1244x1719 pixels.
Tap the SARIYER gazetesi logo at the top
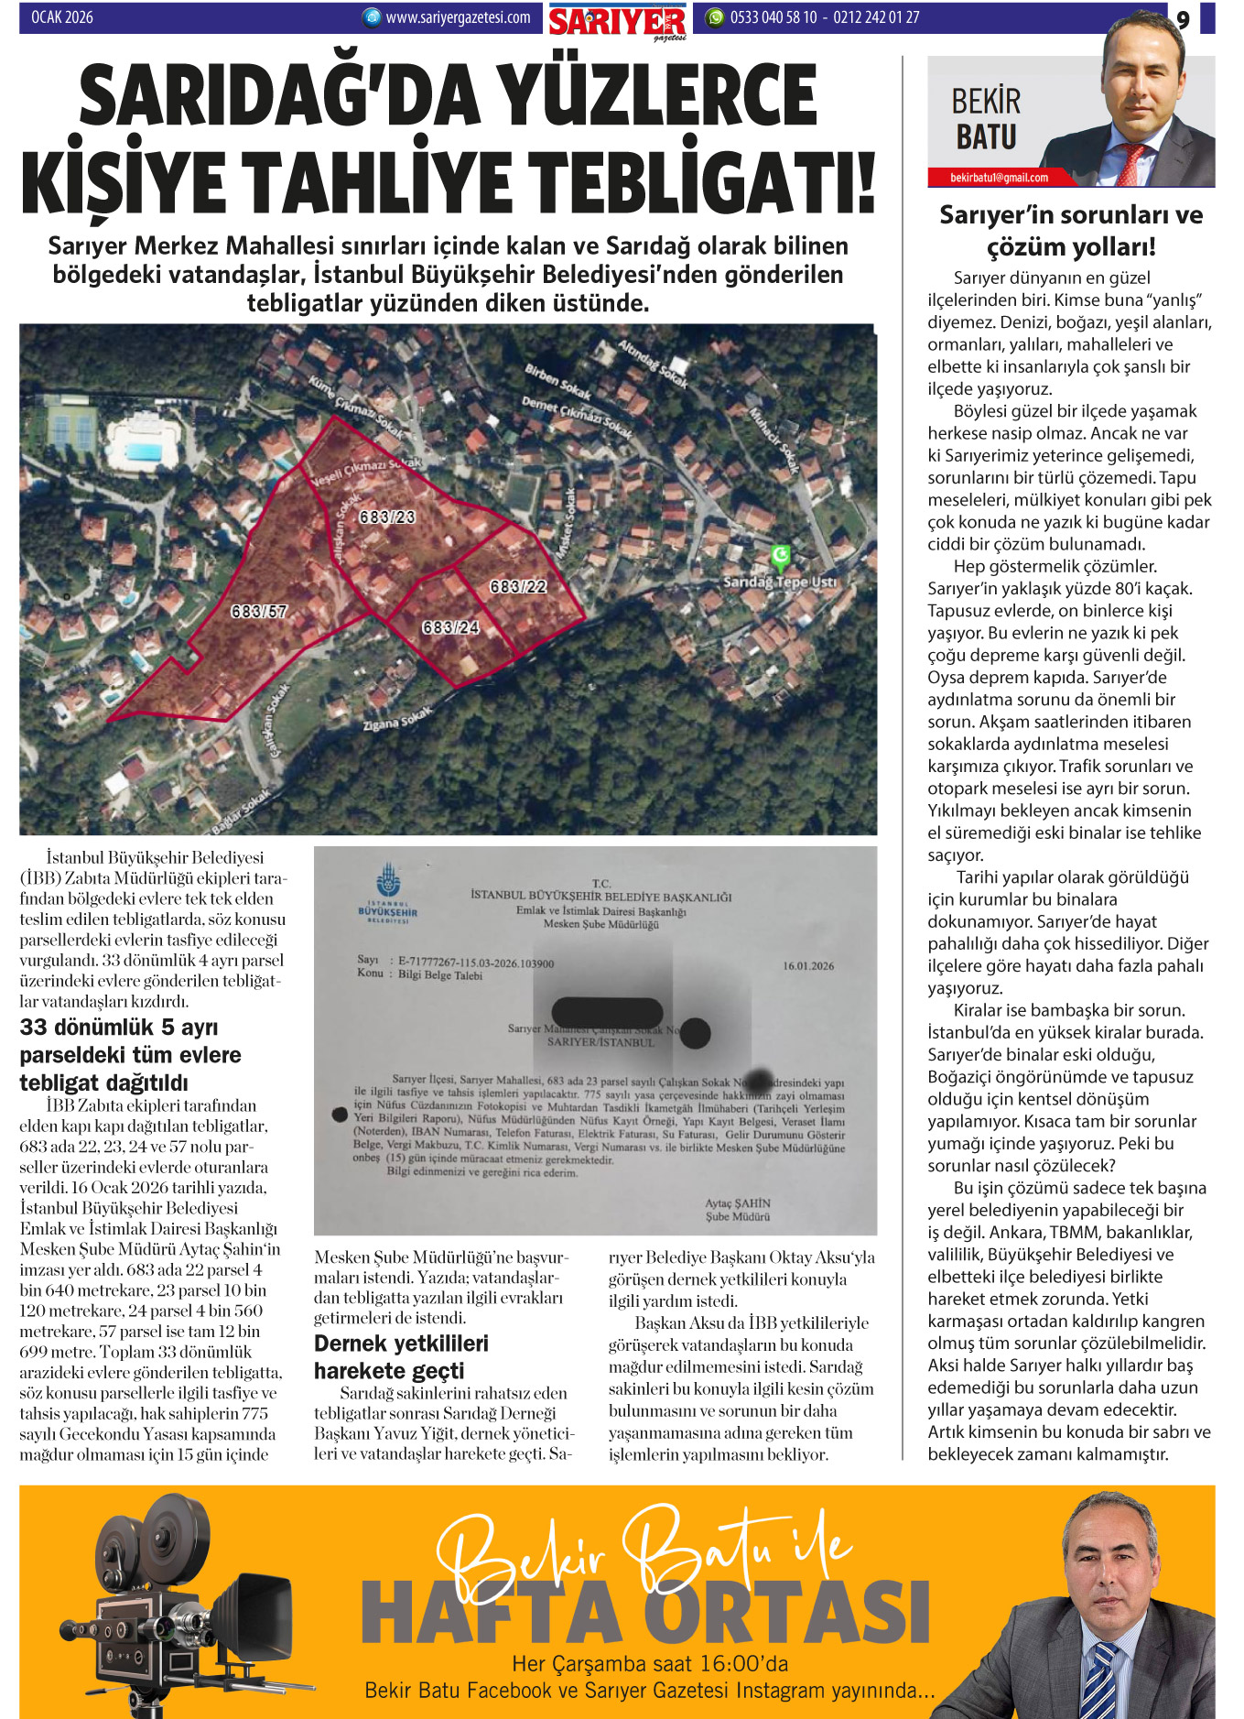coord(617,21)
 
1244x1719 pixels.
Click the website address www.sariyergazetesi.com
coord(457,17)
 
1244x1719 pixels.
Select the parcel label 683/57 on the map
coord(259,611)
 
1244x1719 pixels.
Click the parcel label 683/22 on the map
coord(518,586)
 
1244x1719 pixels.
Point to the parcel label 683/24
coord(450,627)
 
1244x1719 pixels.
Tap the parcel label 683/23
coord(387,517)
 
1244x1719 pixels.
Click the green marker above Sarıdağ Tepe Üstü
coord(780,555)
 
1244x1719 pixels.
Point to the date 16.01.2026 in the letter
coord(808,965)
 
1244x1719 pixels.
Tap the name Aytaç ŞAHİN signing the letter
coord(737,1203)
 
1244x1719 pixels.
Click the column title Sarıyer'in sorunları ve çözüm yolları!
coord(1071,230)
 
